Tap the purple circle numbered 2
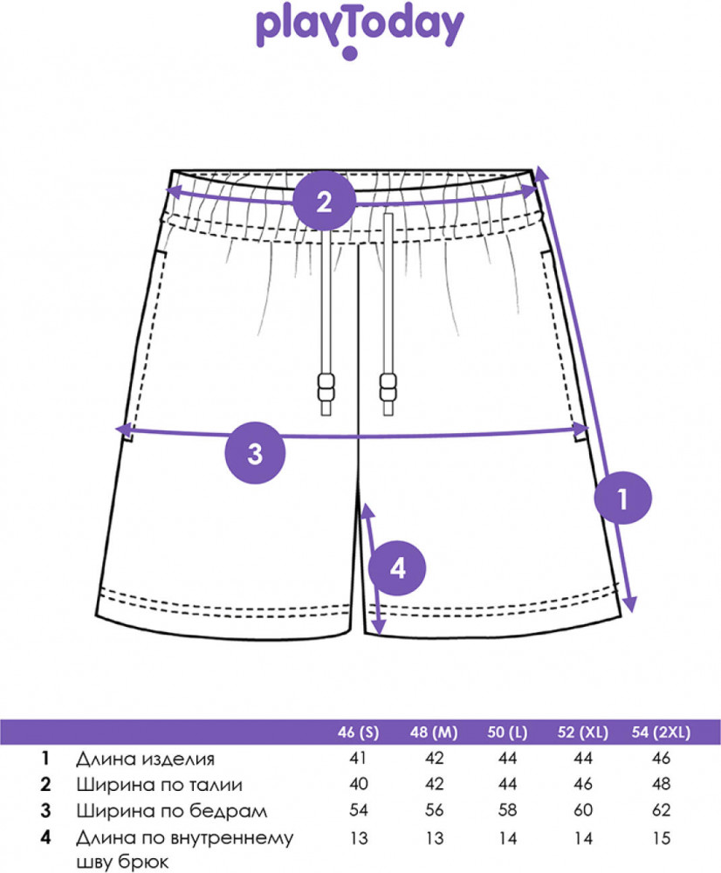tap(324, 203)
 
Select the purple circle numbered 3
tap(255, 453)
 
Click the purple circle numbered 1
tap(622, 498)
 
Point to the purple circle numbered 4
tap(397, 569)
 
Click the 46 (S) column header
tap(358, 732)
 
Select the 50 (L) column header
tap(509, 732)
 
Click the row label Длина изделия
tap(145, 759)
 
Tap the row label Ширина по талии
tap(159, 785)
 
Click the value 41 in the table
tap(358, 759)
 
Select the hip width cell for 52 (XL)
tap(582, 811)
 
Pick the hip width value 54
tap(358, 811)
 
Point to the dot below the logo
tap(350, 54)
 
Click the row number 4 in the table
tap(45, 838)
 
